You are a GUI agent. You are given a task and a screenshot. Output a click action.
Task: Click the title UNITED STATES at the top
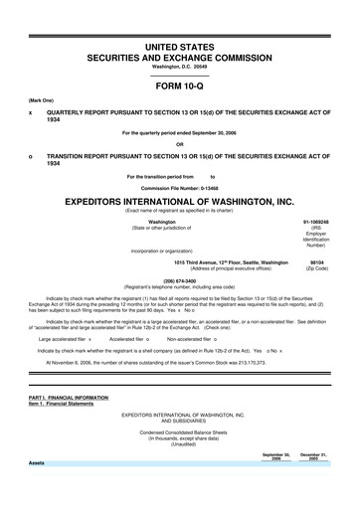180,46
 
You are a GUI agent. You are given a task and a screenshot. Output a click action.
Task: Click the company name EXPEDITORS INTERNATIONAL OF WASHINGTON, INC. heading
180,200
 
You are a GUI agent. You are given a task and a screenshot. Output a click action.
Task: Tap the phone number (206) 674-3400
179,280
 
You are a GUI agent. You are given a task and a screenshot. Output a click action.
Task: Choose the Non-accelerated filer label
193,339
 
